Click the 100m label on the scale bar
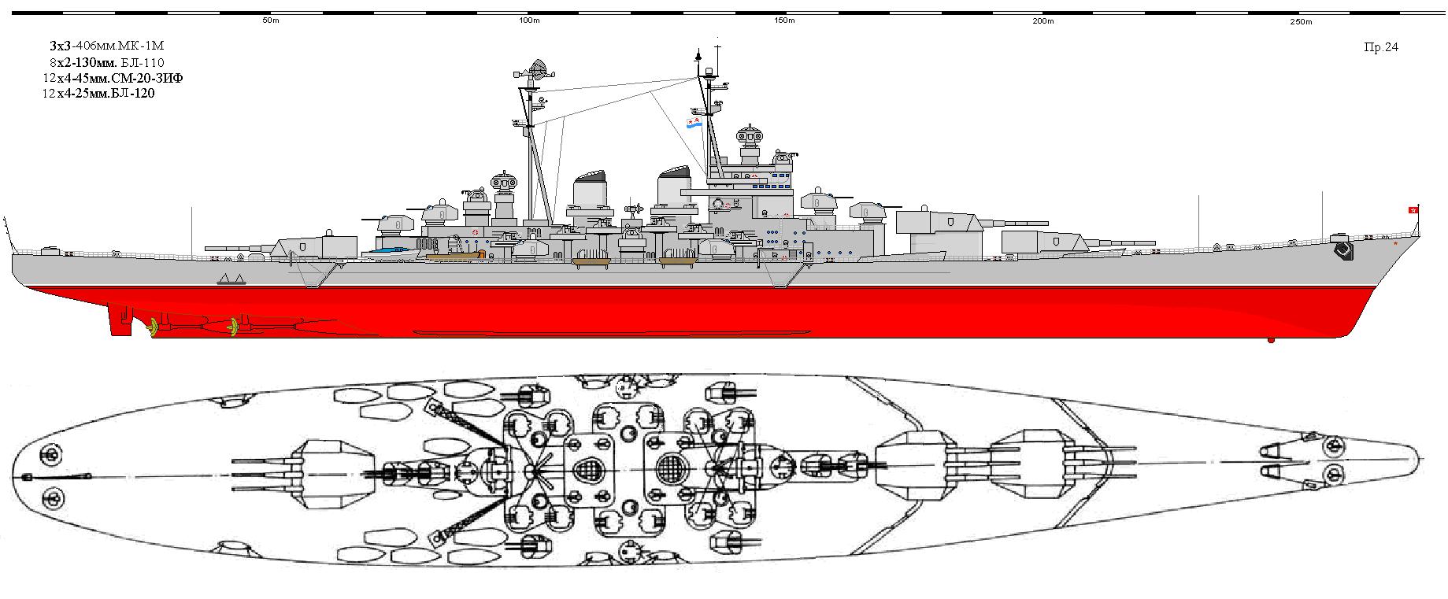[x=530, y=21]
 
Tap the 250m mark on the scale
[x=1302, y=22]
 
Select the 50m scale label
[x=271, y=21]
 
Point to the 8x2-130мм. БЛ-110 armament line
[x=106, y=62]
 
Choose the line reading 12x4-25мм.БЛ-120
[x=98, y=94]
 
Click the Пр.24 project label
[x=1381, y=47]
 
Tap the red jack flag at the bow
[x=1413, y=209]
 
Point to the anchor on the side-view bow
[x=1342, y=250]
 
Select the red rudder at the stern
[x=120, y=320]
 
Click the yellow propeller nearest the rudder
[x=153, y=327]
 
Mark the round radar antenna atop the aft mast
[x=538, y=68]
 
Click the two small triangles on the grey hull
[x=231, y=279]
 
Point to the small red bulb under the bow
[x=1271, y=340]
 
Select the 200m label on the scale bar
[x=1043, y=21]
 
